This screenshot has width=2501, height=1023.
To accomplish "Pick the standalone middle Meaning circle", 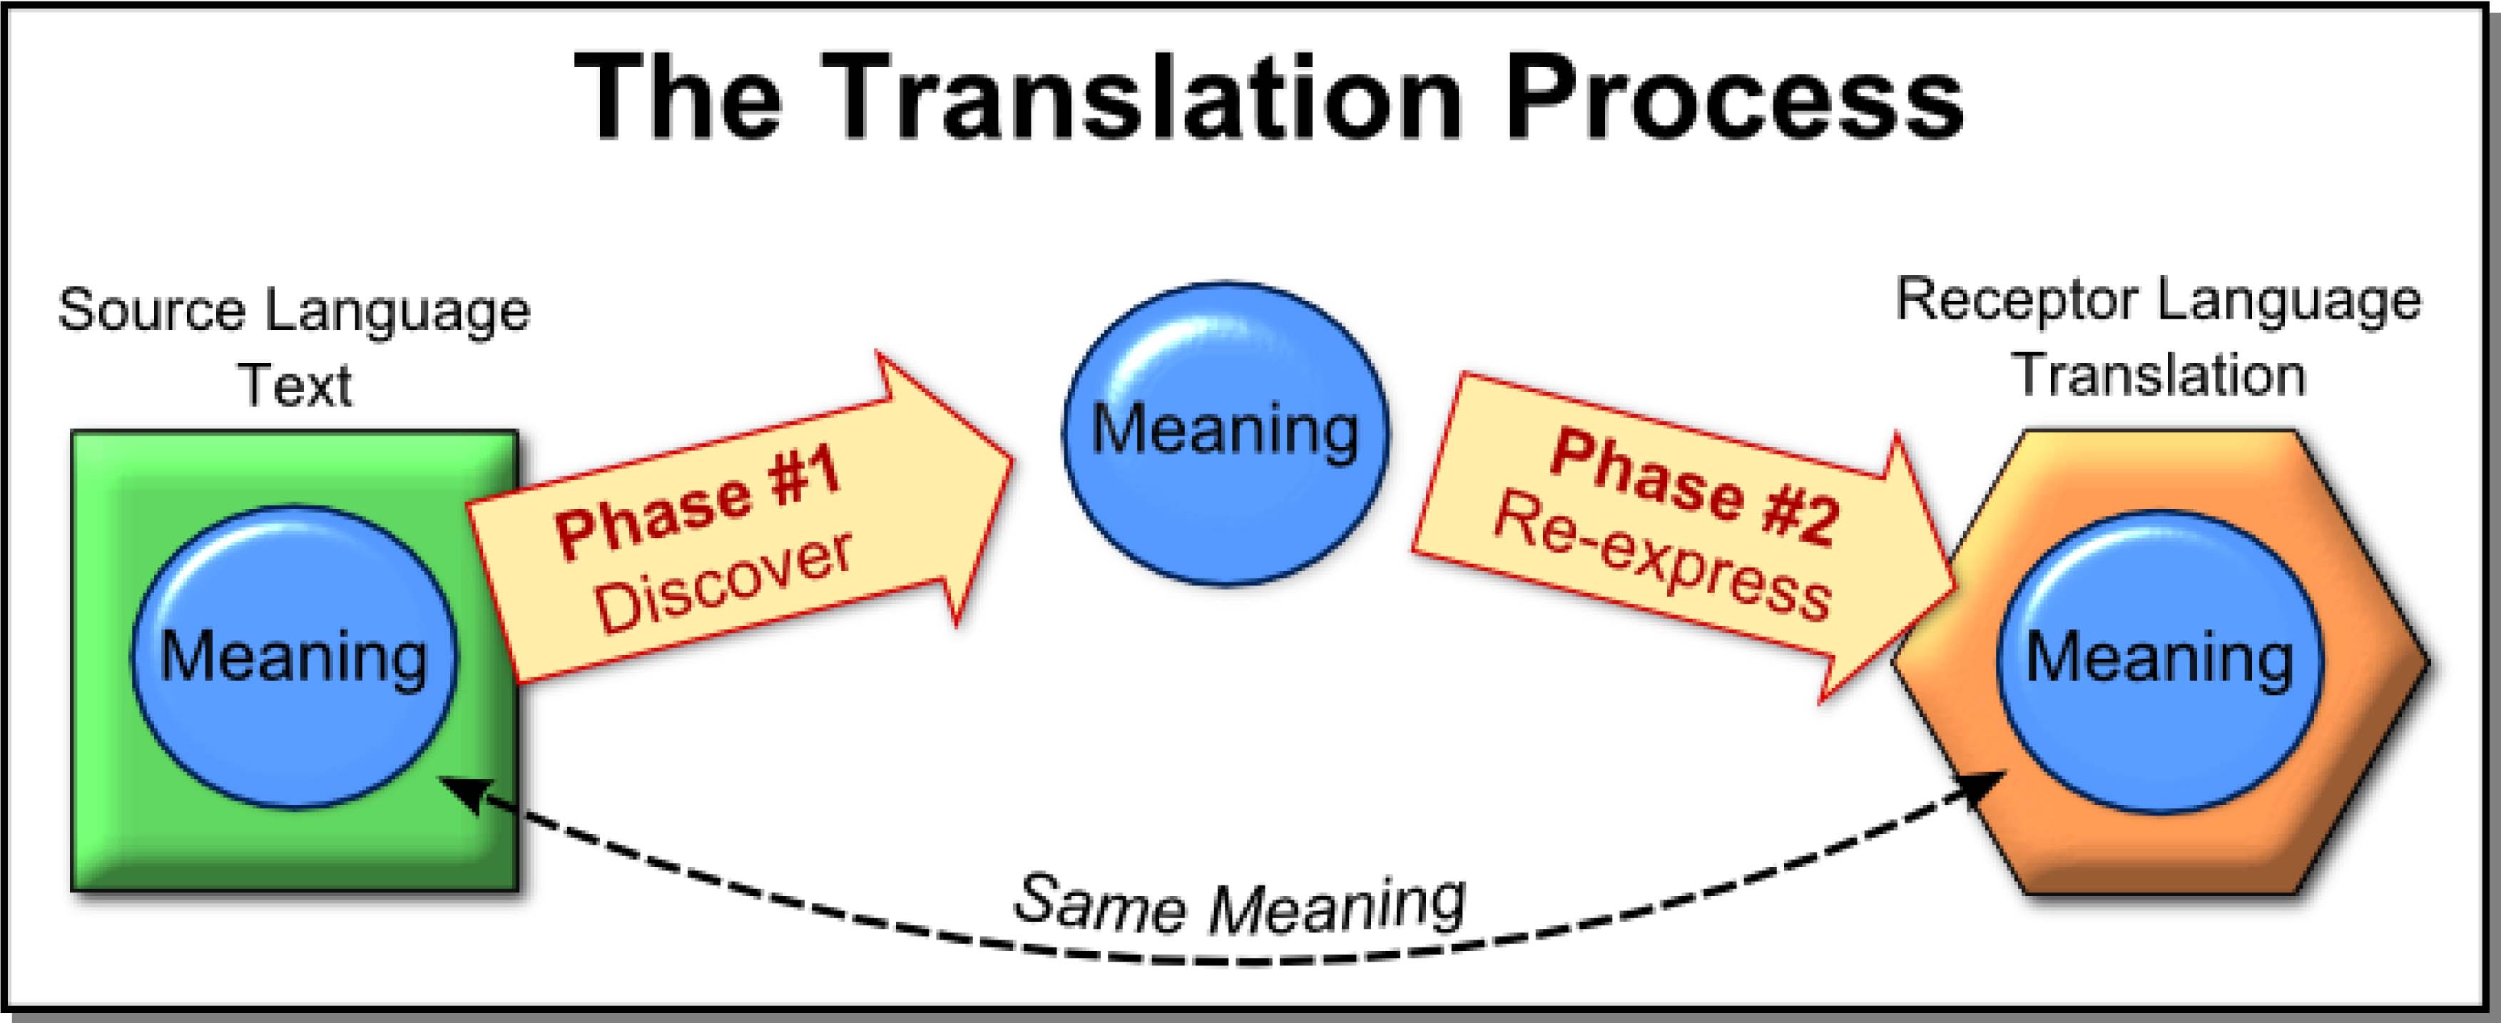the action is (x=1226, y=433).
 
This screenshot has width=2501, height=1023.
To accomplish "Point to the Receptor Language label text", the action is (x=2159, y=301).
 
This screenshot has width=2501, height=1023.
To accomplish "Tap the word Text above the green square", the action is (x=294, y=386).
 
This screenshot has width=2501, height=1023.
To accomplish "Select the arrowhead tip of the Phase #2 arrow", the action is (x=1955, y=588).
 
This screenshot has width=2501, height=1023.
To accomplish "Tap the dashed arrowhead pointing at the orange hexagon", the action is (x=1980, y=788).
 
